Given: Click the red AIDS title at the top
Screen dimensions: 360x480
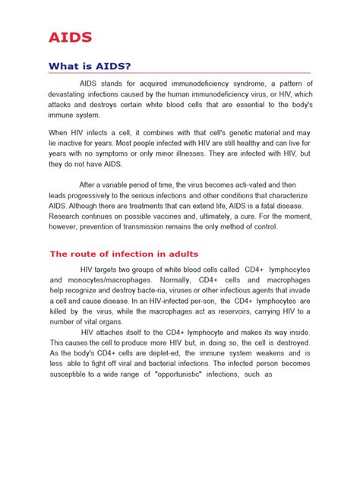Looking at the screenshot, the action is [71, 36].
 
